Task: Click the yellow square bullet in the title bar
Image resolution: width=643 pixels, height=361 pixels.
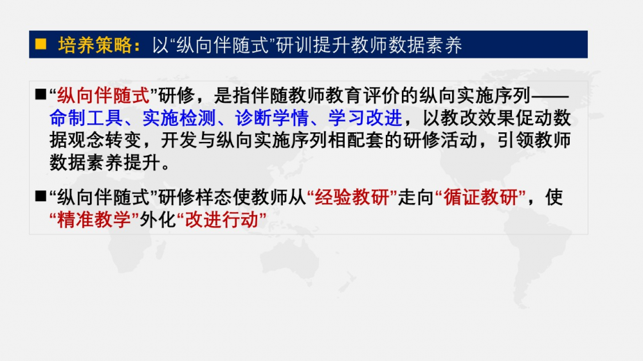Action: (x=41, y=44)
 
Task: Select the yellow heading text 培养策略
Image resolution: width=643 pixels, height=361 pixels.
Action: (x=95, y=45)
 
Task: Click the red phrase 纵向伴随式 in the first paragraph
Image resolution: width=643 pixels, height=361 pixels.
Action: (x=104, y=96)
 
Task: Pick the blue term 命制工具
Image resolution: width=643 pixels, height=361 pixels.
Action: (x=87, y=118)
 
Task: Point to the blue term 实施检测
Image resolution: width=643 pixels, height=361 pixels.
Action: (x=179, y=118)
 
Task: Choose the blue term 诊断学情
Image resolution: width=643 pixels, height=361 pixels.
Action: (x=272, y=118)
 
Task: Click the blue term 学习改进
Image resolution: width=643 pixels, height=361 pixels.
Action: (x=365, y=118)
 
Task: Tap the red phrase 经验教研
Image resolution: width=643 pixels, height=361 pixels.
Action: (x=352, y=197)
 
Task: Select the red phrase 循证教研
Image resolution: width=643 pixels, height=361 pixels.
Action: (x=480, y=197)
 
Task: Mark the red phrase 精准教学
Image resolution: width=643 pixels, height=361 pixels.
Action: (x=94, y=220)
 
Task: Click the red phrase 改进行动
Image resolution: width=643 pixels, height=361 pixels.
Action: (x=222, y=220)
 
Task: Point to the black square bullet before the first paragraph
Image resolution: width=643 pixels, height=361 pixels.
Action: (x=41, y=94)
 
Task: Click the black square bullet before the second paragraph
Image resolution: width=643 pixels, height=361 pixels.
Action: (x=41, y=197)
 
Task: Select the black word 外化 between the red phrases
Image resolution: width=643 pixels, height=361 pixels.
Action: (x=158, y=220)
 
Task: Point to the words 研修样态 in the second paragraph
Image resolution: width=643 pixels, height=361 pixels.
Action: (x=195, y=197)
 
